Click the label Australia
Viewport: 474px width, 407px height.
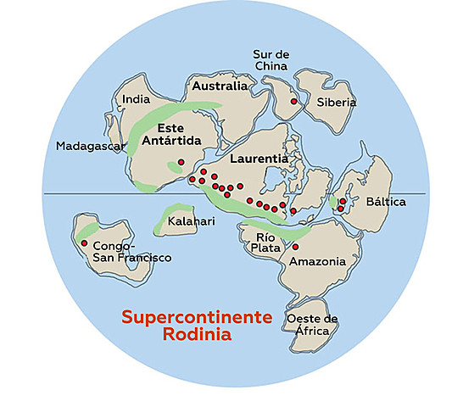[220, 86]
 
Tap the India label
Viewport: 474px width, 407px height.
[136, 98]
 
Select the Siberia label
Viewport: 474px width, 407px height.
[337, 103]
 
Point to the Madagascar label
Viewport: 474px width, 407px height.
[91, 146]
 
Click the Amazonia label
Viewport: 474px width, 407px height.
[317, 261]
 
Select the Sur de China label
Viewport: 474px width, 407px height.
[271, 59]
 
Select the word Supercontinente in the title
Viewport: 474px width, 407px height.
[197, 316]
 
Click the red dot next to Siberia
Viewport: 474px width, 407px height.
[293, 101]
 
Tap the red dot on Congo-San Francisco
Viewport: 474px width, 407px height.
[84, 243]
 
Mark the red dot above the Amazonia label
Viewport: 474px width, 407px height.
[295, 247]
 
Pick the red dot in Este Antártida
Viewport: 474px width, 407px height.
[181, 162]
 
